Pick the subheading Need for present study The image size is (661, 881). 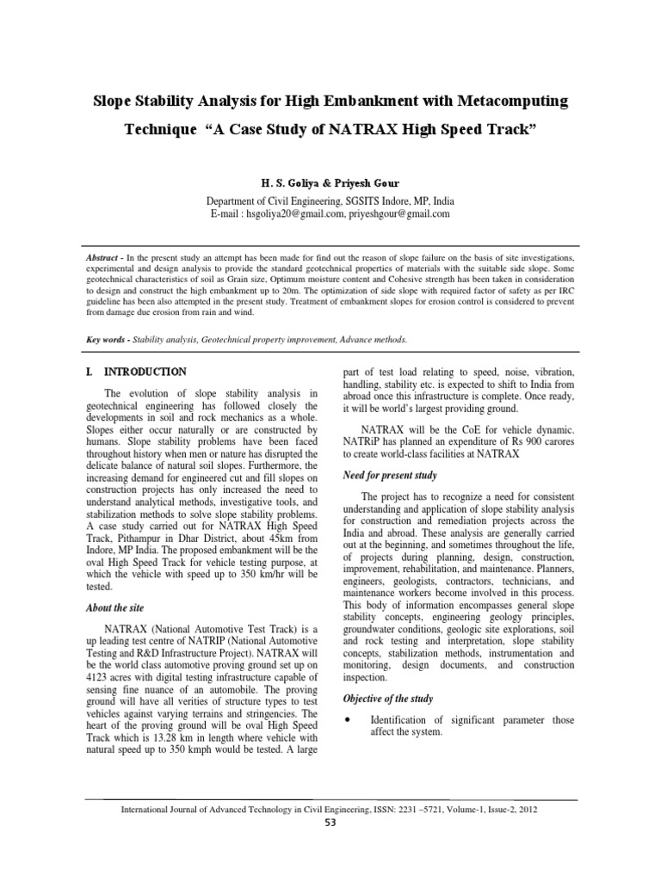point(390,475)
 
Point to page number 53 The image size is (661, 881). point(330,822)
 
